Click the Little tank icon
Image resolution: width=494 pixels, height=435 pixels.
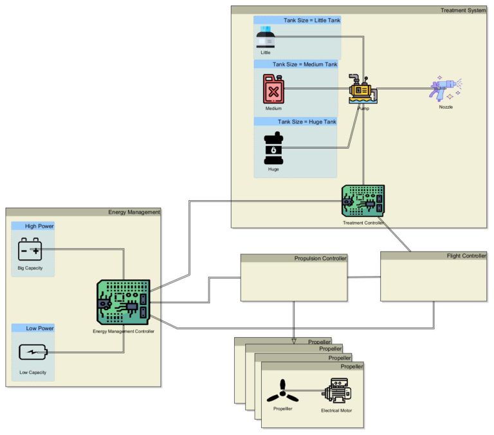pos(266,38)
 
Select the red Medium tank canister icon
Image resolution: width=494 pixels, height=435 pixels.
pos(273,89)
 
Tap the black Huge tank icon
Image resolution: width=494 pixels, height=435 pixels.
pos(273,149)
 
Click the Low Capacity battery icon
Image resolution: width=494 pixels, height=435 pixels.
pos(33,353)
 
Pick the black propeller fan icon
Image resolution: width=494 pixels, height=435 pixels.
pos(283,391)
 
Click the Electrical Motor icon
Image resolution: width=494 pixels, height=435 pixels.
pos(336,391)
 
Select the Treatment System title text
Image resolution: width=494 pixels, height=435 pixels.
pos(463,10)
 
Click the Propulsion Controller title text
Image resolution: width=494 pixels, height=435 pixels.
pos(320,259)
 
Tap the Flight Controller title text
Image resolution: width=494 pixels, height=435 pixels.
pos(466,256)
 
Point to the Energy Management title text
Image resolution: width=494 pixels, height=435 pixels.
pos(134,212)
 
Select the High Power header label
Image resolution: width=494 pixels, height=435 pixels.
pos(39,226)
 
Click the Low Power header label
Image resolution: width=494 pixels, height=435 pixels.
pos(40,328)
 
